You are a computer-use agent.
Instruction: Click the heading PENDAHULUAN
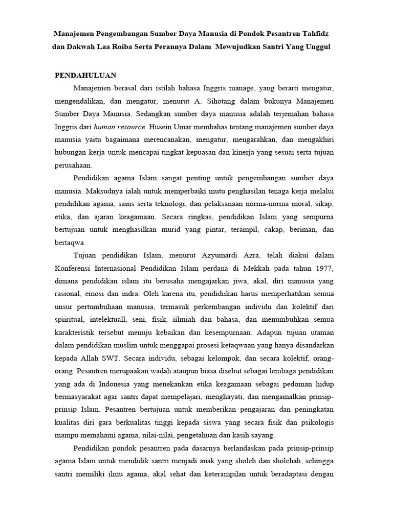(x=85, y=75)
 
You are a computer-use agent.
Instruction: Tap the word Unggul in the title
(x=318, y=46)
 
